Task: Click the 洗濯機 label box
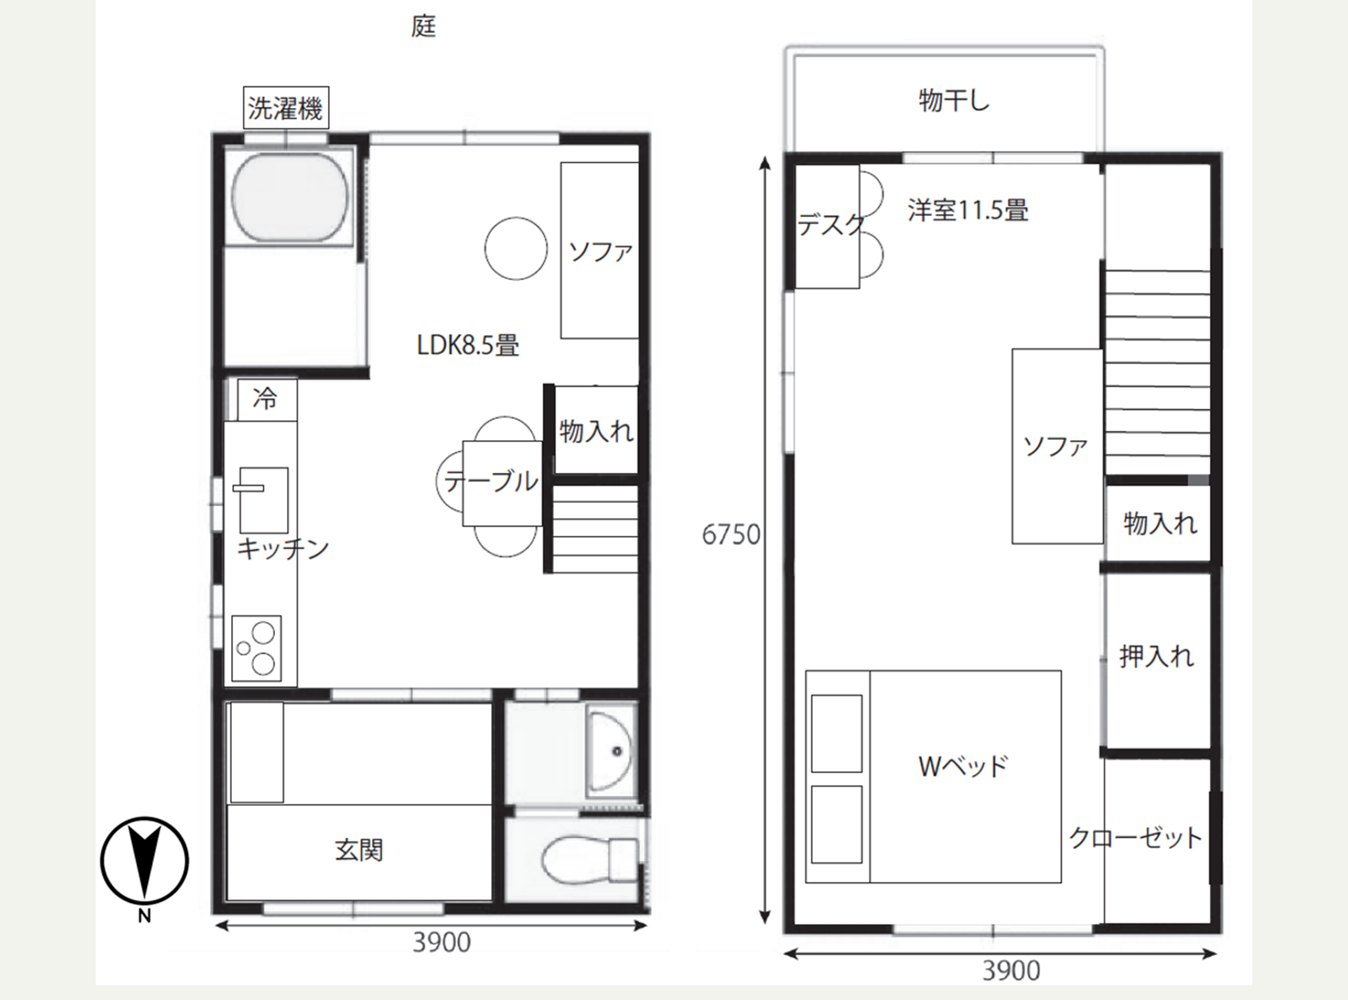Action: [286, 108]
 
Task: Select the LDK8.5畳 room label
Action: [468, 346]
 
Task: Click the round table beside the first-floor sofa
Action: [516, 248]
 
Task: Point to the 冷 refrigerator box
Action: [267, 399]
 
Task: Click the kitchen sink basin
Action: [263, 499]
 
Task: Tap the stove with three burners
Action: [256, 648]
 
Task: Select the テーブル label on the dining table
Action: [490, 482]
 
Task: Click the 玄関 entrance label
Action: [358, 850]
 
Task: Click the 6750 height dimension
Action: [731, 535]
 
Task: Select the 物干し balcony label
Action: [954, 101]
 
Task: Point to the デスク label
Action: [830, 224]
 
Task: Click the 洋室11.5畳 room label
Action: [967, 210]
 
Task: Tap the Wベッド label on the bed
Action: [963, 766]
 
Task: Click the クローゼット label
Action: [1135, 838]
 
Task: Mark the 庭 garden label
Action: [423, 26]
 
